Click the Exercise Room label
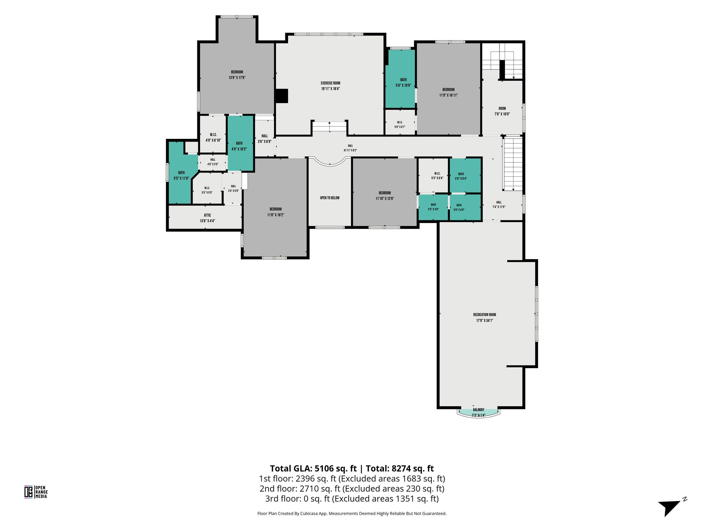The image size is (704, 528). coord(330,83)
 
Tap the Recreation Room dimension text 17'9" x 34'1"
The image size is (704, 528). coord(484,320)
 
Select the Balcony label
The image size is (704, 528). coord(478,410)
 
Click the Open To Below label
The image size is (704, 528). coord(330,198)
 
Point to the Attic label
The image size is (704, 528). coord(207,215)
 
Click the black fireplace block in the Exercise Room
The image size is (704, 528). coord(282,96)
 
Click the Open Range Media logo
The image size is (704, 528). coord(36,492)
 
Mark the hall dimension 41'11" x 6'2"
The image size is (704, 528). coord(350,150)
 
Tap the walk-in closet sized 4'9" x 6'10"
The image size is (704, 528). coord(213,134)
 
